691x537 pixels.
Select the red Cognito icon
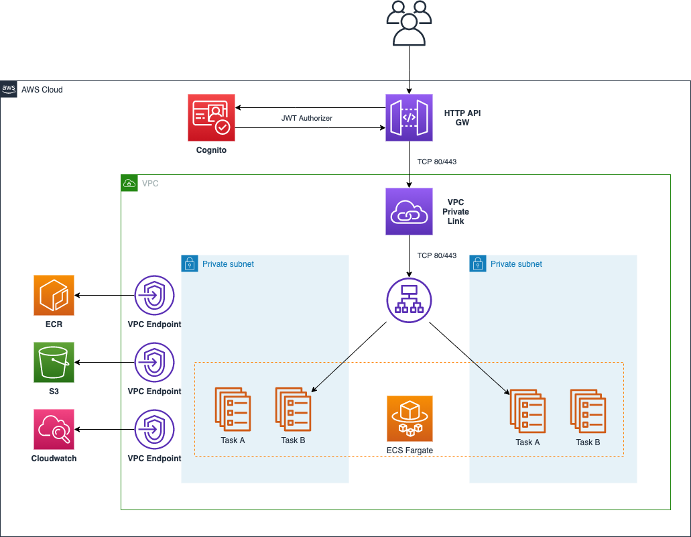(211, 117)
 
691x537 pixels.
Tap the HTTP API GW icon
(409, 117)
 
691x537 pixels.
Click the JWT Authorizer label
(307, 118)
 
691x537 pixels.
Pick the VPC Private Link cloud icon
(409, 211)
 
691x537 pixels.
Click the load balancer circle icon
(409, 299)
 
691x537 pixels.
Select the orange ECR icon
(54, 295)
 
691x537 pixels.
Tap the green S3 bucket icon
(54, 362)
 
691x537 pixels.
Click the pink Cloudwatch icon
(54, 430)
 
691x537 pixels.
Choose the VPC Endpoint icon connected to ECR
(155, 295)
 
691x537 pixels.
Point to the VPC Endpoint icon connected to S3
(155, 362)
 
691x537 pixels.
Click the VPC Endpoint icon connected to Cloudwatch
(155, 430)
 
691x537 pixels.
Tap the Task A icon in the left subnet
(233, 409)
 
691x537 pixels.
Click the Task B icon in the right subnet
(588, 409)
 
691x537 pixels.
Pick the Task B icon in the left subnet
(293, 409)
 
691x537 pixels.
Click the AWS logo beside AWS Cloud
(9, 88)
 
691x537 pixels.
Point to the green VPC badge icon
(129, 182)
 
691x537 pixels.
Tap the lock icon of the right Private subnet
(477, 263)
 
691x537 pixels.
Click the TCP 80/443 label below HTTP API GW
(436, 162)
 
